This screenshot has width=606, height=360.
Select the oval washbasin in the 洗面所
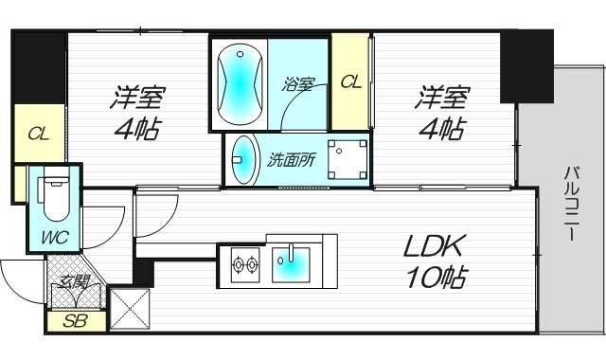tap(243, 159)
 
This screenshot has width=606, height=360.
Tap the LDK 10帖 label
tap(434, 263)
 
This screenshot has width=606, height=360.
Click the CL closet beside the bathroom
tap(350, 83)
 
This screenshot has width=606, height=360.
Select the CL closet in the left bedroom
tap(38, 134)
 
